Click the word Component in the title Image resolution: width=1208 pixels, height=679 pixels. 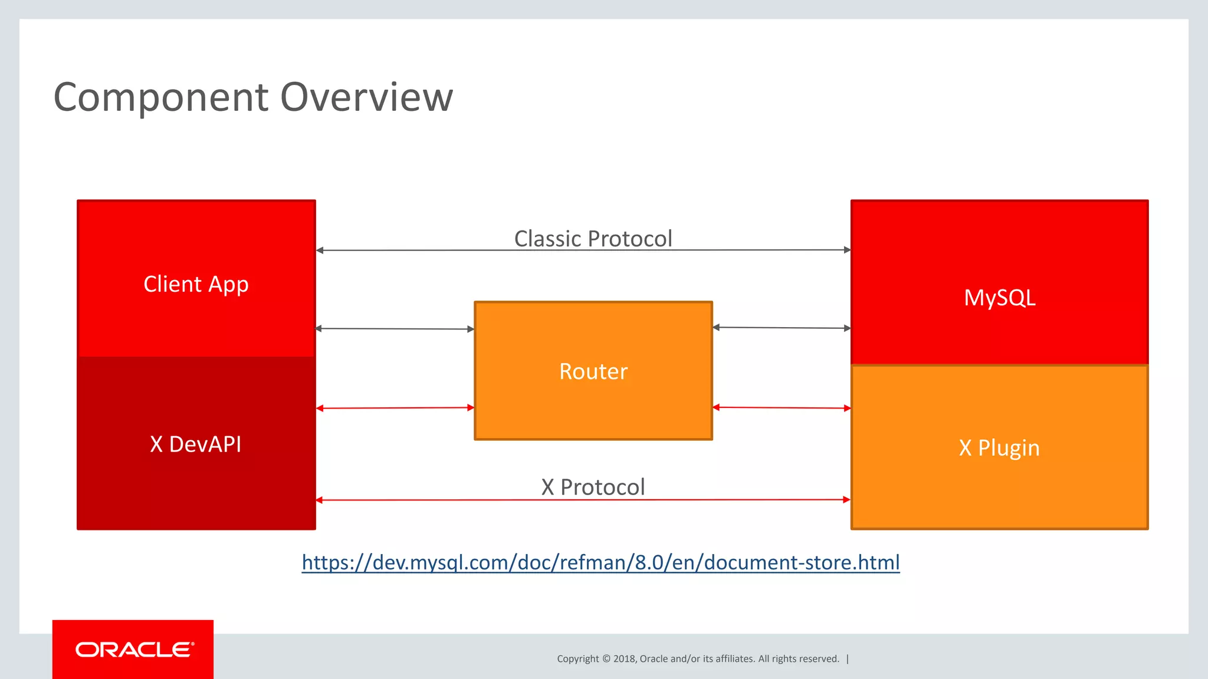[x=161, y=97]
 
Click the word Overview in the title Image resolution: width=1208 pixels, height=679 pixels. [x=366, y=97]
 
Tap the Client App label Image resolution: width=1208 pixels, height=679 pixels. [x=196, y=284]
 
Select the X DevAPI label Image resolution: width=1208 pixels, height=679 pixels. [x=196, y=444]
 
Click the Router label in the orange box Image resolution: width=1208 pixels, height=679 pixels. [x=593, y=371]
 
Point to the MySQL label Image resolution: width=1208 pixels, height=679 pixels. [x=999, y=298]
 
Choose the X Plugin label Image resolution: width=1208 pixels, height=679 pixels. [x=999, y=448]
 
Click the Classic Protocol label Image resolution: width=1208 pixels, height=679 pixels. [x=593, y=239]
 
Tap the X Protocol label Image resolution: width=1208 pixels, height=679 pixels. [x=593, y=487]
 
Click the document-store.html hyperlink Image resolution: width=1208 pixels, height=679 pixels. [x=600, y=562]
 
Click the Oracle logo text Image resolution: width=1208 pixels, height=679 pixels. [x=134, y=650]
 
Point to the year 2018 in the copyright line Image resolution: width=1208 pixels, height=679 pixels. [x=624, y=659]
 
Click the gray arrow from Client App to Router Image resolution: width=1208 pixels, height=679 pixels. [x=395, y=329]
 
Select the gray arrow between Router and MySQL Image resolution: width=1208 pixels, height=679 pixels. [x=782, y=328]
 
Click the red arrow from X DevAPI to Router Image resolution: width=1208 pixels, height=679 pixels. [x=395, y=408]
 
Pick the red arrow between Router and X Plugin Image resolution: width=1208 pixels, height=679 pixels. [x=782, y=407]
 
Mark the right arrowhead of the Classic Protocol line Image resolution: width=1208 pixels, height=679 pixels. [x=847, y=250]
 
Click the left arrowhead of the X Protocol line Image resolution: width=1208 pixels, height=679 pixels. [x=320, y=500]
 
